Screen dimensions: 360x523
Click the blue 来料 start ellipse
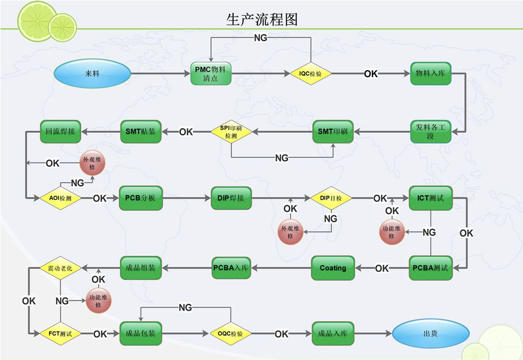tap(92, 74)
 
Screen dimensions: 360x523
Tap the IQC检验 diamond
tap(311, 74)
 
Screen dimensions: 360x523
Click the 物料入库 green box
tap(430, 74)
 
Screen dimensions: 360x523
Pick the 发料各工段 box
tap(430, 132)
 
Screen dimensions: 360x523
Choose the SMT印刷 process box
tap(333, 132)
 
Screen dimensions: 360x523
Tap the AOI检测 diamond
tap(61, 198)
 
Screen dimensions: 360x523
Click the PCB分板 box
tap(141, 198)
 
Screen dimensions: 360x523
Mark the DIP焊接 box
tap(231, 198)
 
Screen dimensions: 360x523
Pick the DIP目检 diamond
tap(331, 198)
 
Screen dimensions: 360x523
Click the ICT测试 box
tap(430, 198)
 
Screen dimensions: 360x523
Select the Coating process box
tap(333, 268)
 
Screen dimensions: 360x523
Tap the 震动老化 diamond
tap(61, 267)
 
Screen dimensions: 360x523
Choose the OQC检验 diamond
tap(231, 333)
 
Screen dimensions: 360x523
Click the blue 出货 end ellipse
tap(430, 333)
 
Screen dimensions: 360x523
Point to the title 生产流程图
tap(262, 19)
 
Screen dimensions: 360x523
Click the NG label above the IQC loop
tap(260, 38)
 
